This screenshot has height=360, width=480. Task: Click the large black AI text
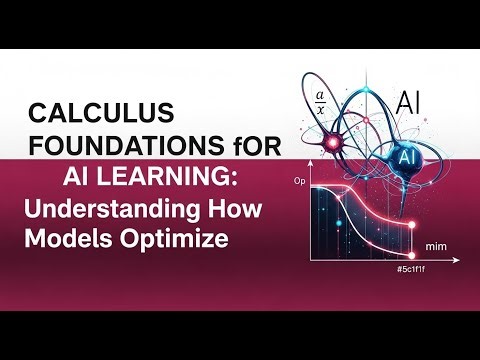coord(409,101)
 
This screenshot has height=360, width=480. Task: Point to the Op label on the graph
coord(298,182)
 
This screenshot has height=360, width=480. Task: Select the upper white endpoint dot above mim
coord(411,225)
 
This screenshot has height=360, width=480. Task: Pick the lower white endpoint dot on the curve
coord(411,251)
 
